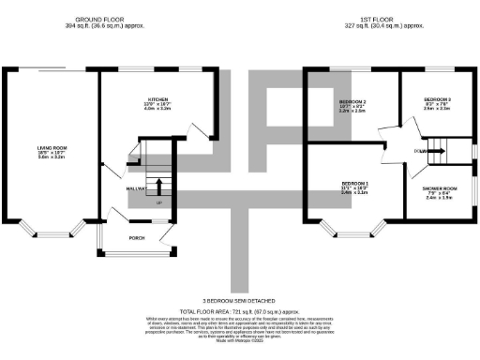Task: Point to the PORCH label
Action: coord(137,237)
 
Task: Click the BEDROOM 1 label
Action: coord(354,183)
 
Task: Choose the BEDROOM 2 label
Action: coord(352,100)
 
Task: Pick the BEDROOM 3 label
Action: coord(437,99)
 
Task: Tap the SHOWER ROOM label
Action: coord(439,189)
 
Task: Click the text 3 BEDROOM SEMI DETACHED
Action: coord(240,300)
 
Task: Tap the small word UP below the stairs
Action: coord(158,202)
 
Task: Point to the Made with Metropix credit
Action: coord(240,338)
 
